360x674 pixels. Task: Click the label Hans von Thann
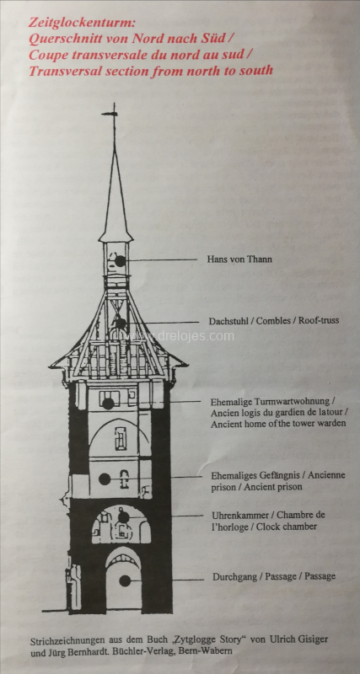pyautogui.click(x=239, y=259)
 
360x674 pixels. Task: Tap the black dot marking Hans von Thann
pyautogui.click(x=120, y=260)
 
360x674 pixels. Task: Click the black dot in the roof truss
pyautogui.click(x=121, y=324)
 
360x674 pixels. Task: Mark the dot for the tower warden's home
pyautogui.click(x=108, y=404)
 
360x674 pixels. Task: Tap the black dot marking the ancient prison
pyautogui.click(x=105, y=479)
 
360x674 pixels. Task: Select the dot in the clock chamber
pyautogui.click(x=123, y=517)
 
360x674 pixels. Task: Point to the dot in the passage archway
pyautogui.click(x=125, y=580)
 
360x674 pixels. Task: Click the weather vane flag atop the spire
pyautogui.click(x=110, y=114)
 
